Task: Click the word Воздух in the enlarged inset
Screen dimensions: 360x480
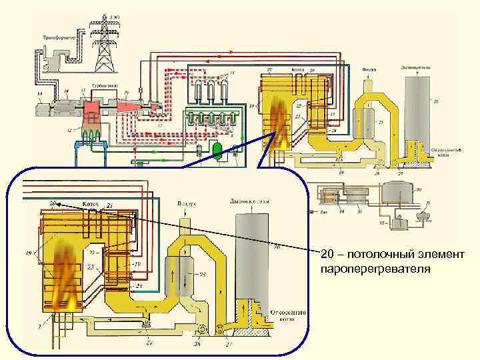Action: coord(185,201)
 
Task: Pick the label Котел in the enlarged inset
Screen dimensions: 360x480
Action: coord(90,201)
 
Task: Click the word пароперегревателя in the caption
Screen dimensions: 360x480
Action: coord(375,269)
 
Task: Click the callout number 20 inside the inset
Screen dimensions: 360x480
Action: coord(51,203)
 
